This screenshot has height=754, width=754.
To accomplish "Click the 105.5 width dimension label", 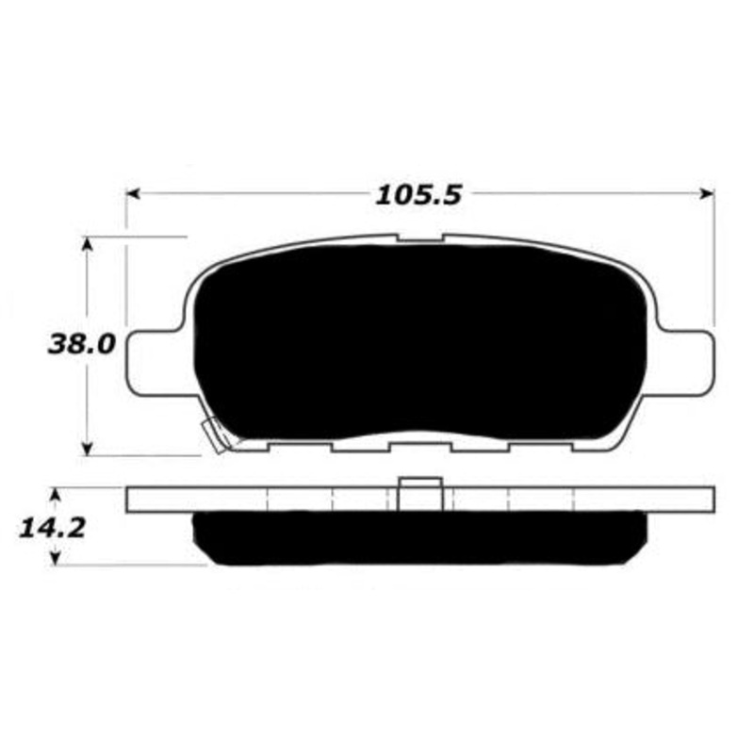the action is coord(418,195).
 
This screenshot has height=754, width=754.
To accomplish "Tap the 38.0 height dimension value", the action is coord(82,344).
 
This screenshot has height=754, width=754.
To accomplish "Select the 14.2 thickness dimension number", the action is coord(52,528).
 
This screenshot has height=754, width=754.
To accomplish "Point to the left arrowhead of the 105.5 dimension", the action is coord(133,194).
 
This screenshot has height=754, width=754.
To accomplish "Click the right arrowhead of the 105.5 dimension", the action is coord(708,193).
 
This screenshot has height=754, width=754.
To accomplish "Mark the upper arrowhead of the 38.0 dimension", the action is coord(87,244).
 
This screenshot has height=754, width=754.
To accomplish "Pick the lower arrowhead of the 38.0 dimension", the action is coord(87,449).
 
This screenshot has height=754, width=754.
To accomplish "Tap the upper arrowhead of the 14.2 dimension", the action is coord(56,495).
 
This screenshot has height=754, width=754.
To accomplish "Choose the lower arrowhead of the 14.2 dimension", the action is coord(56,558).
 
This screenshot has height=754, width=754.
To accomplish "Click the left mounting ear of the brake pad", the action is coord(154,364).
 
